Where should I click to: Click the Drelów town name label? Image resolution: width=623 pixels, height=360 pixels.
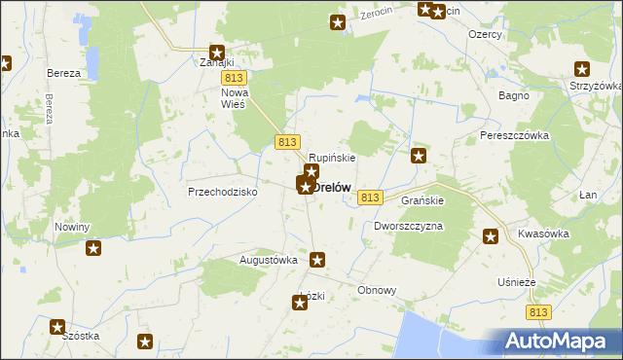[x=332, y=188]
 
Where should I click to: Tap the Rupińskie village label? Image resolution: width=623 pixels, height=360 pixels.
[x=332, y=157]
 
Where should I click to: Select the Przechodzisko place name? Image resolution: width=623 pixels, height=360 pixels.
[x=222, y=193]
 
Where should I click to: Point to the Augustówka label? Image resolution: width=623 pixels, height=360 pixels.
[x=268, y=261]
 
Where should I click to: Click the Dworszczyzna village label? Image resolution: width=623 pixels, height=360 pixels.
[x=408, y=226]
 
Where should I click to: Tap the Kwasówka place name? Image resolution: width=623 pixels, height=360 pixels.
[x=542, y=235]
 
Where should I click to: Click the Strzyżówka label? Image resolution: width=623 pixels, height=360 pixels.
[x=596, y=86]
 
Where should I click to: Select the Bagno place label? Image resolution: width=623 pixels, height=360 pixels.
[x=513, y=95]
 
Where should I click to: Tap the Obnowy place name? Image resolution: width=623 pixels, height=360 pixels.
[x=377, y=290]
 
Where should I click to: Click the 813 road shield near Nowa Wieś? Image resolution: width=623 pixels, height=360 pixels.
[x=232, y=78]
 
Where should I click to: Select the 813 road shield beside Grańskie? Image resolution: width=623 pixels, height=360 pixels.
[x=368, y=198]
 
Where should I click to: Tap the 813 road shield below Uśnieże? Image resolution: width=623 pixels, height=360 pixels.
[x=540, y=312]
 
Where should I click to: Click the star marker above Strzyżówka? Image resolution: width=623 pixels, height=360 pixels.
[x=582, y=68]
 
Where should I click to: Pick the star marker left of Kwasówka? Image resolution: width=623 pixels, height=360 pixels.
[x=491, y=235]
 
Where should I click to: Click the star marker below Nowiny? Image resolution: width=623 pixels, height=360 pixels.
[x=93, y=248]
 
